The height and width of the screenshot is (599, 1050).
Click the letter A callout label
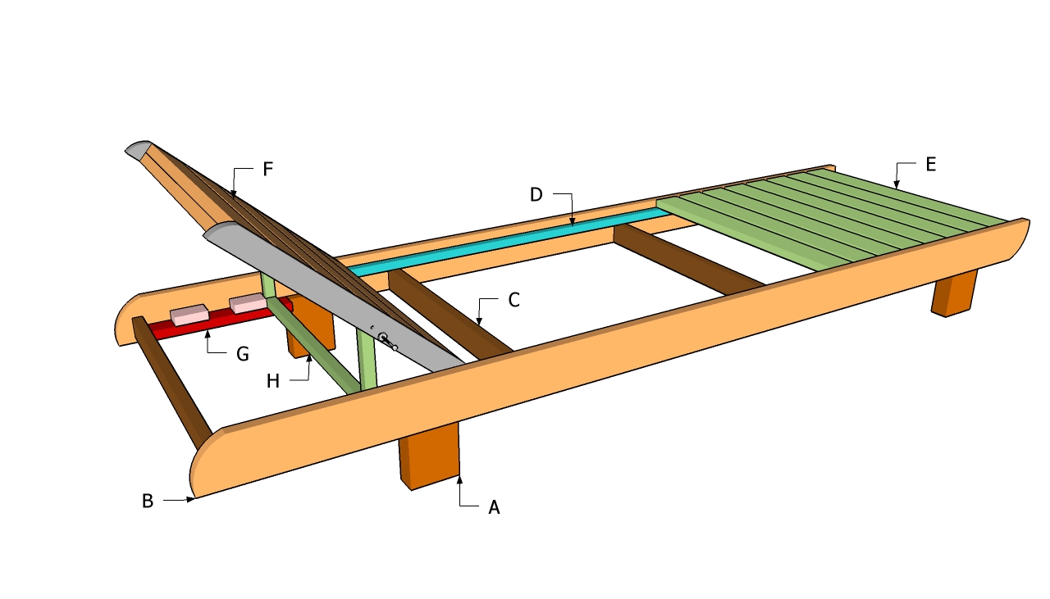494,507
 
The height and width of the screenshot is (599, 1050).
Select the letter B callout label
147,501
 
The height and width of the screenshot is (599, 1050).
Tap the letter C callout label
514,300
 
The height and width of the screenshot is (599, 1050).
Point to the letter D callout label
536,194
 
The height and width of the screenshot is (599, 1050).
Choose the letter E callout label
931,165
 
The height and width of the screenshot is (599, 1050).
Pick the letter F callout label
267,169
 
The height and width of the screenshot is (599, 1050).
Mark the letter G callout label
242,355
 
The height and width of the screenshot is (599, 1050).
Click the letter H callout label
273,381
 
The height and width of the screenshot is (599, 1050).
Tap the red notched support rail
221,319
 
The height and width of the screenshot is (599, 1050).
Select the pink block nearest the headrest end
189,315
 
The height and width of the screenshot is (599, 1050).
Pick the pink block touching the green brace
249,303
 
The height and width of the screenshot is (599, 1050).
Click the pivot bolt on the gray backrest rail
383,336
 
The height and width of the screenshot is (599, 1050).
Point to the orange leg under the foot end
954,293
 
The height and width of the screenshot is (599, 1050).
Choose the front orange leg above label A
429,456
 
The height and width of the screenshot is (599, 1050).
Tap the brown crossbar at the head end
171,383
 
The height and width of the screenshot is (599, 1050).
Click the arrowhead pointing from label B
190,499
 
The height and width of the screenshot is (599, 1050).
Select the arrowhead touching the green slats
897,184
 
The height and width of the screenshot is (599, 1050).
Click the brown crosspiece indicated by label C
450,314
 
